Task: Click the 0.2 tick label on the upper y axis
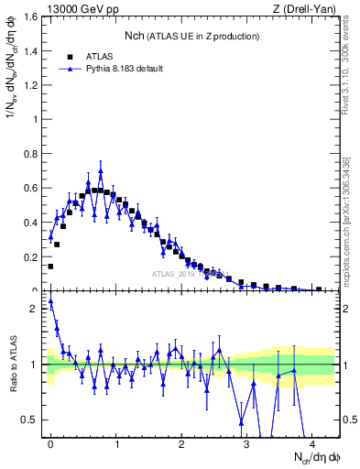click(34, 257)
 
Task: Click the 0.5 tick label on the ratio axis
click(34, 420)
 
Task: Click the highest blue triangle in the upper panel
click(101, 171)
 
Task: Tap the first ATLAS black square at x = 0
click(50, 267)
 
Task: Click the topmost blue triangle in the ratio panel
click(50, 300)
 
